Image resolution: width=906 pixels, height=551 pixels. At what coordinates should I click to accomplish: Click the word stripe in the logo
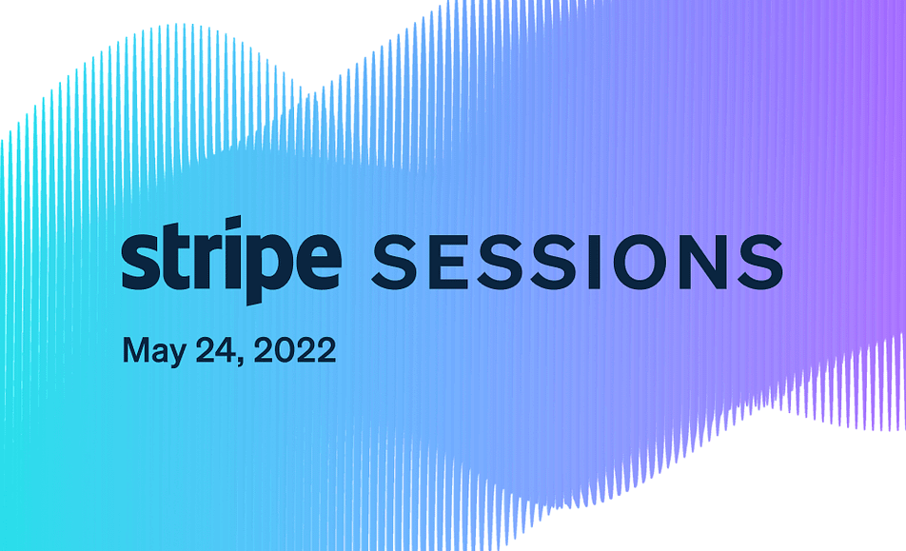pyautogui.click(x=231, y=261)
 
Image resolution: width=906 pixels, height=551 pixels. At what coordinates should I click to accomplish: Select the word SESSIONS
pyautogui.click(x=578, y=262)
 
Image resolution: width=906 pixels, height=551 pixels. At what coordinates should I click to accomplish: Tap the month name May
pyautogui.click(x=154, y=351)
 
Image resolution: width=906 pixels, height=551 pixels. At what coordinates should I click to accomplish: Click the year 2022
pyautogui.click(x=295, y=350)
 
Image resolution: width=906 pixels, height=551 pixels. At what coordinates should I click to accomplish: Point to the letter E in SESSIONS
pyautogui.click(x=446, y=262)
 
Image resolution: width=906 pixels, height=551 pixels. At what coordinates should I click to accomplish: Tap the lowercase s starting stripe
pyautogui.click(x=141, y=261)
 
